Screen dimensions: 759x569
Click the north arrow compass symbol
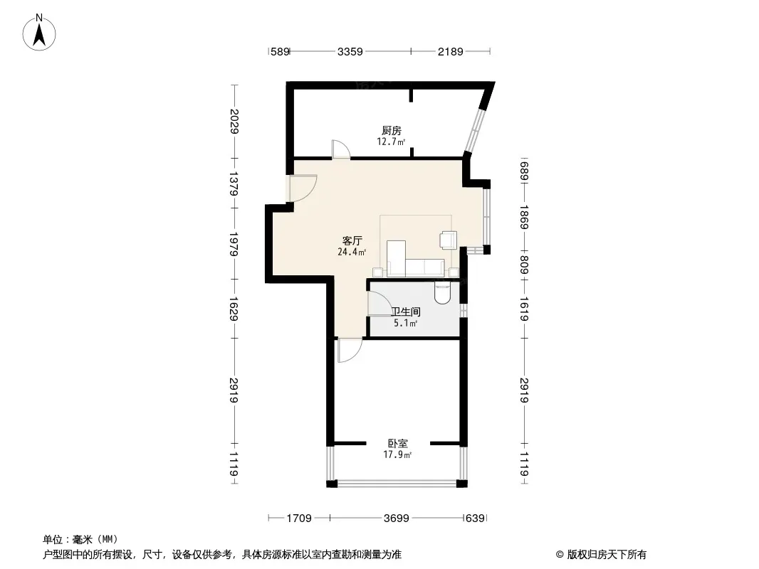[39, 33]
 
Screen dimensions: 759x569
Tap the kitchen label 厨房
[391, 131]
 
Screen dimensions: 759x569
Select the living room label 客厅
[352, 240]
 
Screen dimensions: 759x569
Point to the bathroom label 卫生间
[406, 312]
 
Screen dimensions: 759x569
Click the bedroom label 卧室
[398, 443]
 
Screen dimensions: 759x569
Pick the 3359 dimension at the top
[350, 51]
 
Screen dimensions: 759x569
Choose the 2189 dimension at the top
[451, 51]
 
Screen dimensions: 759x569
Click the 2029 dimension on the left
[234, 122]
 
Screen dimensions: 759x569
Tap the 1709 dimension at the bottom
[299, 519]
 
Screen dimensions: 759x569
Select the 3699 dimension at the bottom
[397, 519]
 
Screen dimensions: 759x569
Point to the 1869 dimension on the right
[524, 217]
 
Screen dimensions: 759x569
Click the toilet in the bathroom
[442, 292]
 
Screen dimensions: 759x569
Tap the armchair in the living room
[449, 240]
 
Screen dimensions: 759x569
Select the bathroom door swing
[380, 303]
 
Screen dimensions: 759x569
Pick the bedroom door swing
[350, 351]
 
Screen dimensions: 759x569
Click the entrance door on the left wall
[303, 188]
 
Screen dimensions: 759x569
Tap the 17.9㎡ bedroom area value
[397, 455]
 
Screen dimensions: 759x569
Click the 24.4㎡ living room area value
[352, 252]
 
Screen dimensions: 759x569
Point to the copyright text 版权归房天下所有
[607, 555]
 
